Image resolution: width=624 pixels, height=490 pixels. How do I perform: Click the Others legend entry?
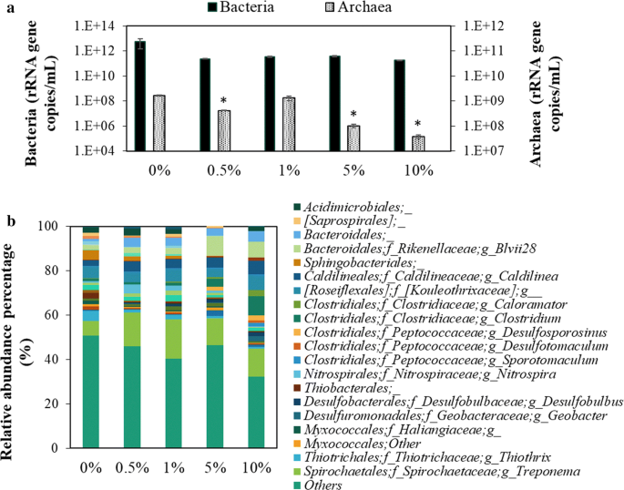[x=325, y=485]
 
